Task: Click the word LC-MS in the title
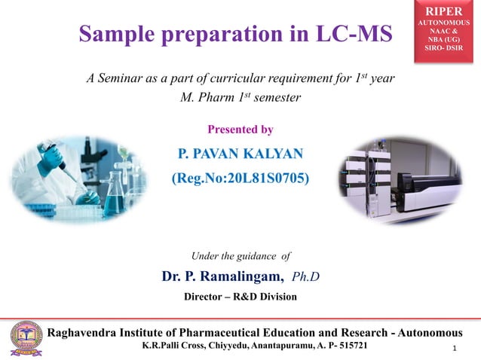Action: point(348,34)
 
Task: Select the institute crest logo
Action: point(26,337)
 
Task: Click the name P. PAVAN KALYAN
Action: point(240,154)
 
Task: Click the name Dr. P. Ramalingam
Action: point(222,276)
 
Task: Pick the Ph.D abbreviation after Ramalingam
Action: point(305,276)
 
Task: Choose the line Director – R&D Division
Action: point(240,297)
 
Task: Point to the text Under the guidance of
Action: point(240,256)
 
